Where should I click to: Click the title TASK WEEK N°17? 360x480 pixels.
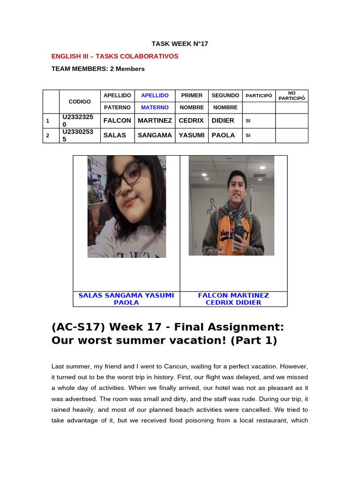[180, 44]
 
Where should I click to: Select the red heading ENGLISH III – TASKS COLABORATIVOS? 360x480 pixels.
[115, 56]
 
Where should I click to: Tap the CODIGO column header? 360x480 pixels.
[80, 102]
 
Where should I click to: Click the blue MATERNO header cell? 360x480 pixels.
[155, 108]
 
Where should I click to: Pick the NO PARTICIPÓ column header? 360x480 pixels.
[292, 96]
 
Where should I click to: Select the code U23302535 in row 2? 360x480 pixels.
[78, 135]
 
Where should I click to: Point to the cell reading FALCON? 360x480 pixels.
[117, 120]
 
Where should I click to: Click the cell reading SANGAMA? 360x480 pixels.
[155, 135]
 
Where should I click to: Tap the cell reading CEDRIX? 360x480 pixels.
[191, 120]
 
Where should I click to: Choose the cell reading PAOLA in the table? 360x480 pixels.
[223, 135]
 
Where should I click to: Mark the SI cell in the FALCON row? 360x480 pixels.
[248, 121]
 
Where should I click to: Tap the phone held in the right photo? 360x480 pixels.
[239, 232]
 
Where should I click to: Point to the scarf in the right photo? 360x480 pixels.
[234, 211]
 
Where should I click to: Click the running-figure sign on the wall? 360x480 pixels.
[213, 207]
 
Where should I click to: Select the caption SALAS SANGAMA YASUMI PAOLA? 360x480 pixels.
[126, 299]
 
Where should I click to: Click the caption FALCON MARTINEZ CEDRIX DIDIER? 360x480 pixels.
[233, 299]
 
